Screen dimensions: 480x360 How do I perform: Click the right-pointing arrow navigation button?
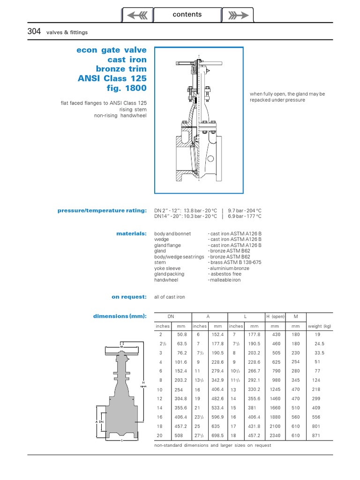(238, 15)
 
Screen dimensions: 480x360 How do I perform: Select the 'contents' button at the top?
(187, 15)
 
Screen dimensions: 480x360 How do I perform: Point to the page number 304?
(35, 31)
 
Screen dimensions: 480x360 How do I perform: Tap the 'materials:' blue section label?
(131, 233)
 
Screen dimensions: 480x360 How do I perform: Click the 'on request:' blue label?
(129, 297)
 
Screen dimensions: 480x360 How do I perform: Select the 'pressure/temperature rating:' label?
(102, 210)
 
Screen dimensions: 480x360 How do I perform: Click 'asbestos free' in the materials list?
(226, 274)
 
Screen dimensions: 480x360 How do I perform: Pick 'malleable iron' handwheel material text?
(225, 280)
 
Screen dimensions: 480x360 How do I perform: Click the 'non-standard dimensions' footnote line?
(212, 445)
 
